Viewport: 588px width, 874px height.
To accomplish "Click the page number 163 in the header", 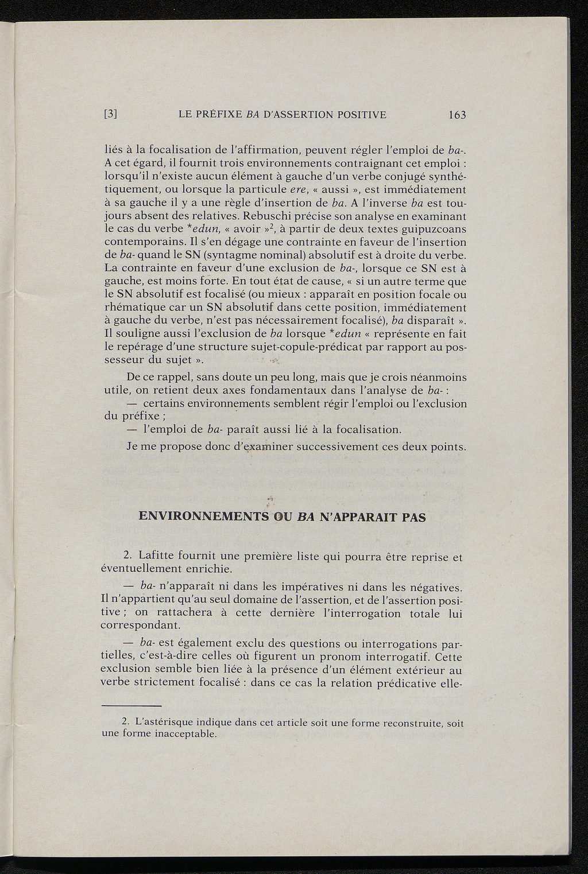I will (x=457, y=115).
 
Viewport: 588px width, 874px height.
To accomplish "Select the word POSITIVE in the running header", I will (x=361, y=114).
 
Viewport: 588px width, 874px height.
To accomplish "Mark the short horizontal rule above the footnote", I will (x=131, y=706).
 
